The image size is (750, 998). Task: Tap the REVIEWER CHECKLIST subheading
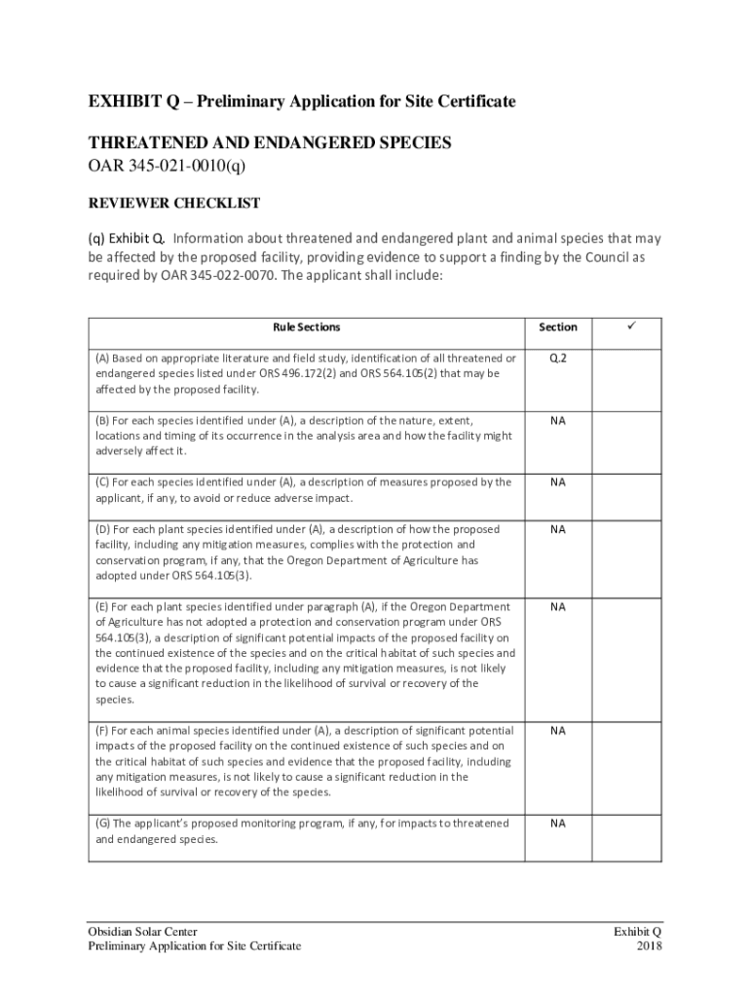(x=174, y=203)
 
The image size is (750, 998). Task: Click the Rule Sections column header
(x=306, y=327)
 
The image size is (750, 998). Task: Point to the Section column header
(x=557, y=327)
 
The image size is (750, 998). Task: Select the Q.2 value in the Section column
(x=557, y=358)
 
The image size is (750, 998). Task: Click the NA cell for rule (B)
(x=557, y=420)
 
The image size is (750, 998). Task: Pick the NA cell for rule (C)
(x=557, y=482)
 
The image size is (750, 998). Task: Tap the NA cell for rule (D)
(x=557, y=529)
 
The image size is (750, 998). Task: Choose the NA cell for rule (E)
(x=557, y=606)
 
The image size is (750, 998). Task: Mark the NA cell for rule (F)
(x=557, y=730)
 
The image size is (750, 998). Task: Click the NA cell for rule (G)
(x=557, y=824)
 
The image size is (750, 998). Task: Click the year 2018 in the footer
(x=649, y=945)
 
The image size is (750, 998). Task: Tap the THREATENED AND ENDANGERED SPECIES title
(x=270, y=142)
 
